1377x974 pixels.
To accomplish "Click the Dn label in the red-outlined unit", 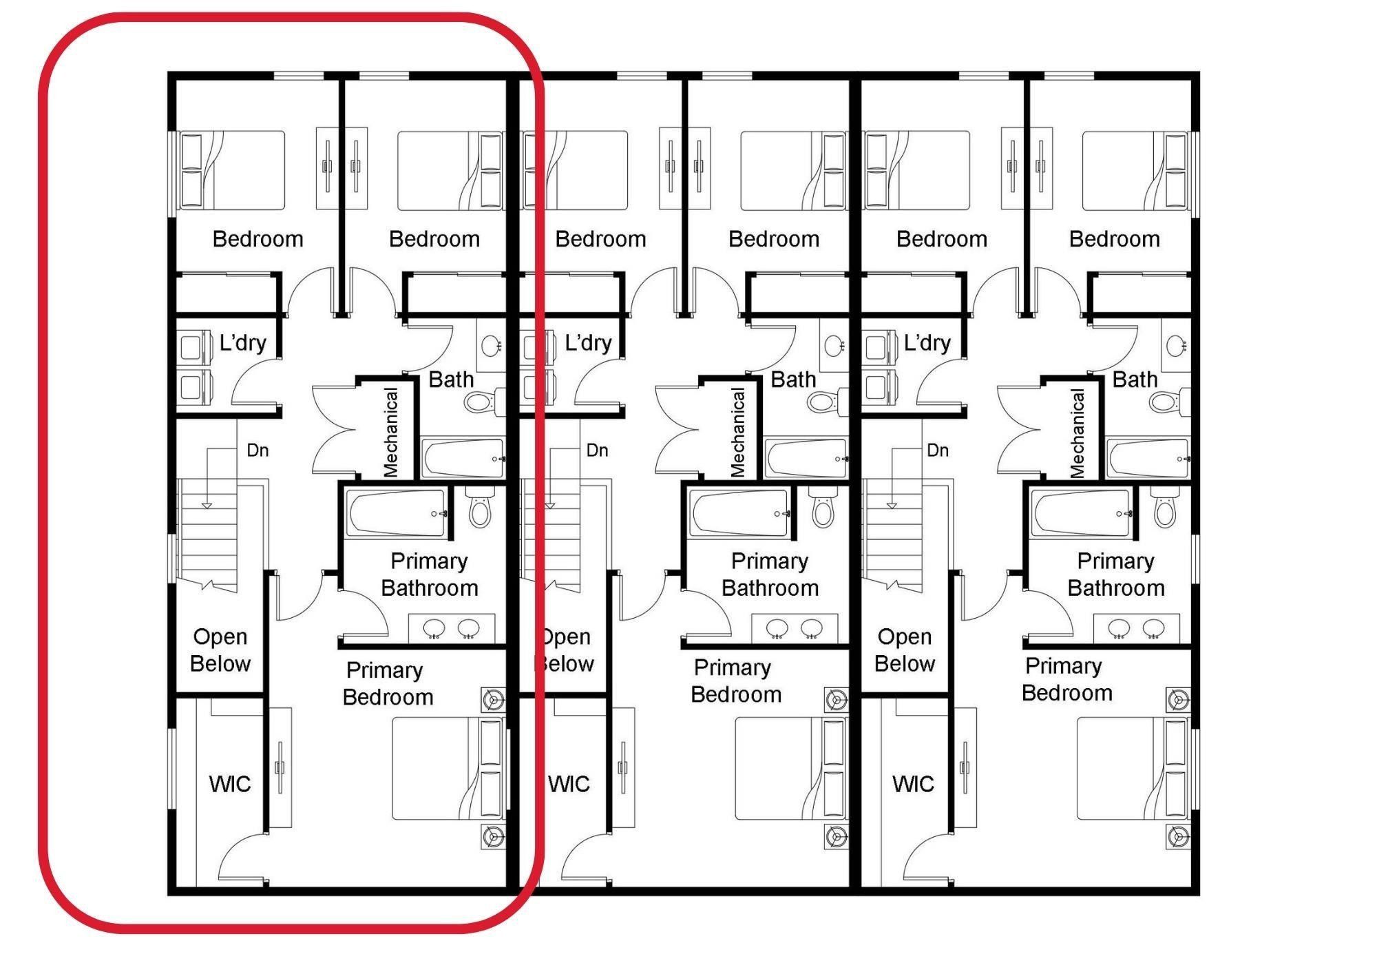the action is coord(257,450).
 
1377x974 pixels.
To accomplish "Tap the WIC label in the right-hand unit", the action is coord(913,784).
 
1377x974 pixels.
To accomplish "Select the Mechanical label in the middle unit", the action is coord(737,433).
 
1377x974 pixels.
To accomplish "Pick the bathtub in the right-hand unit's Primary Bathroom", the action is coord(1081,513).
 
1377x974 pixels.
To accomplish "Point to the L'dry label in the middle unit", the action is coord(588,343).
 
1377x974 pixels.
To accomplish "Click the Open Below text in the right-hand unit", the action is coord(904,650).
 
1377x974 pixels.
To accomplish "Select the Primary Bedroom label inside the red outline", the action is coord(388,683).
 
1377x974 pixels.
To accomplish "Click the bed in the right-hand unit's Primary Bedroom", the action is coord(1133,769).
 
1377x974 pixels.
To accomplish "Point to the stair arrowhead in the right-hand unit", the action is coord(892,506).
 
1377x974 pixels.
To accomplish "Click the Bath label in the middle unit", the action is coord(793,380).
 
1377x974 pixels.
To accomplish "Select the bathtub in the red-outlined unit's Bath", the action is coord(463,457).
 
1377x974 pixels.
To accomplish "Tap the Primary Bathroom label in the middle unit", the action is coord(770,574).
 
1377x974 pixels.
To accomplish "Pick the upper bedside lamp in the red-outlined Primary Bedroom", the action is coord(492,699).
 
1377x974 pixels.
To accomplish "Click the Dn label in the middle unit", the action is coord(598,450).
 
